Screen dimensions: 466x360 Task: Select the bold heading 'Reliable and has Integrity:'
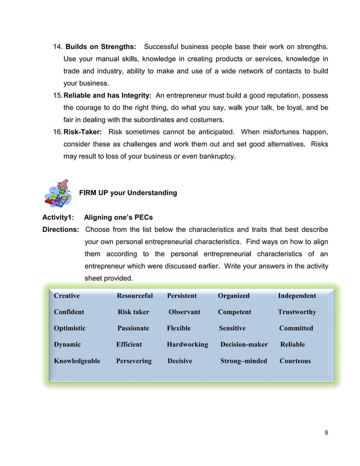coord(107,95)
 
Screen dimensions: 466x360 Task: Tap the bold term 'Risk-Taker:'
coord(82,132)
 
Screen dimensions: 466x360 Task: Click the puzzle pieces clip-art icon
coord(58,194)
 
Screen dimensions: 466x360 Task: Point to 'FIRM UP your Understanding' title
coord(128,193)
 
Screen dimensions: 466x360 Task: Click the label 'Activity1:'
coord(58,218)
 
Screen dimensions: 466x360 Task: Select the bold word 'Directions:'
coord(61,230)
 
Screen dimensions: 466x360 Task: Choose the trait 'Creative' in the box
coord(67,296)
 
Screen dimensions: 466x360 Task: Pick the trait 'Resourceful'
coord(134,296)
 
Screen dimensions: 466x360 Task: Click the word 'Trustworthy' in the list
coord(297,312)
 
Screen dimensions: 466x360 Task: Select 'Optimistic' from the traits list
coord(70,328)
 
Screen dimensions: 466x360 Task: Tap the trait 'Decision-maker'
coord(244,344)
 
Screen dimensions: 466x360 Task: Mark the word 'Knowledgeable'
coord(77,361)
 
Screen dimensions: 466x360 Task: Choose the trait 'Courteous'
coord(295,361)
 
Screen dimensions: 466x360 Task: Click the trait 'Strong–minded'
coord(243,361)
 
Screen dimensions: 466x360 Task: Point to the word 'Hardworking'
coord(187,344)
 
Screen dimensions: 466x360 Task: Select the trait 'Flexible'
coord(179,328)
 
